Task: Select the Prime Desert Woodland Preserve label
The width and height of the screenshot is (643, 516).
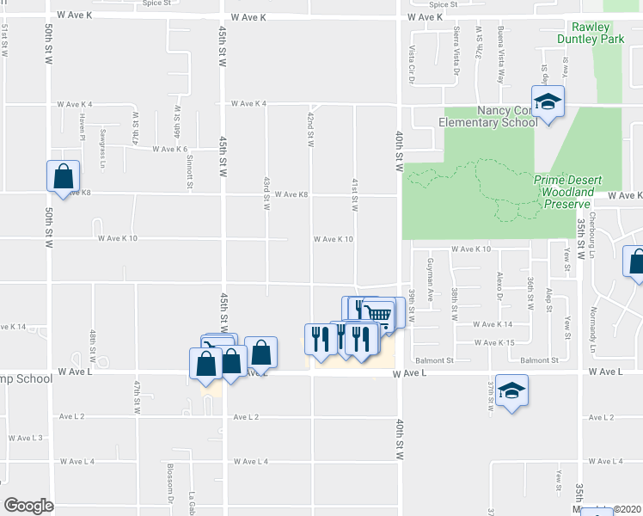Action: pos(567,192)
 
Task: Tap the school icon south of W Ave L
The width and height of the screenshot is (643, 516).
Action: pos(511,391)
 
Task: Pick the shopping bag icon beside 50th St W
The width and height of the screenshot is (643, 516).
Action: pos(64,178)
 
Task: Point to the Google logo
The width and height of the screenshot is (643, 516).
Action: pos(28,506)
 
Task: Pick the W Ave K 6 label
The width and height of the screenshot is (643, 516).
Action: pos(170,149)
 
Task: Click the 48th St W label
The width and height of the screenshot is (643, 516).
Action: pos(93,342)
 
